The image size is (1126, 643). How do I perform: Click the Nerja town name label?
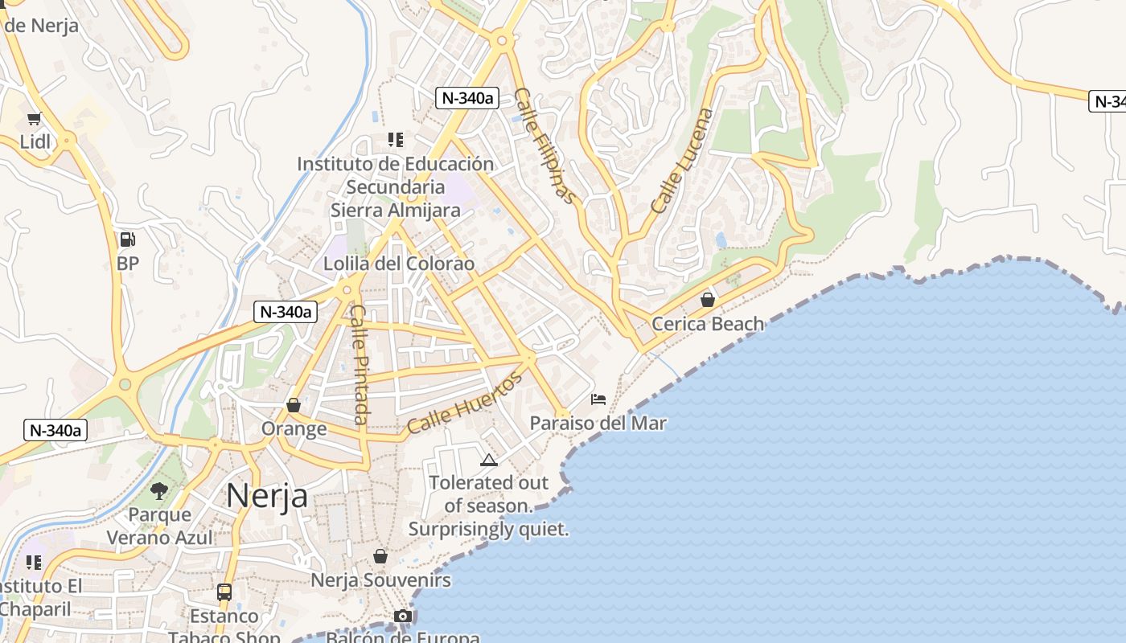266,495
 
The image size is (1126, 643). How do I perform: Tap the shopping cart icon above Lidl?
34,119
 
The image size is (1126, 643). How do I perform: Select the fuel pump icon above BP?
127,239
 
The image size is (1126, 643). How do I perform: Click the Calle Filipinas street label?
545,145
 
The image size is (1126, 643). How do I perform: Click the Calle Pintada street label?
360,364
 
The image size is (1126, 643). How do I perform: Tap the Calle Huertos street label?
464,403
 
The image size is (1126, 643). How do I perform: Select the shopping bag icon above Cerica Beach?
707,300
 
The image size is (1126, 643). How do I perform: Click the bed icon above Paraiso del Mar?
598,399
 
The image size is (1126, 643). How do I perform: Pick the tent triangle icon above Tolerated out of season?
488,460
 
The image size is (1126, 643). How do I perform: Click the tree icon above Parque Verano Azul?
159,490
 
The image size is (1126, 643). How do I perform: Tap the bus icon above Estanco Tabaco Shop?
224,592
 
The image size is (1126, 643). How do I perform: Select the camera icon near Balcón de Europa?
403,616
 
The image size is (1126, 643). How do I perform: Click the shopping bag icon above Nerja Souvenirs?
380,556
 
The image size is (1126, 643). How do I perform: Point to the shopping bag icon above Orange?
294,405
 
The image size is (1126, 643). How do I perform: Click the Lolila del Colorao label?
399,264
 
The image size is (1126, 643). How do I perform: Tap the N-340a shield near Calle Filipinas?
466,98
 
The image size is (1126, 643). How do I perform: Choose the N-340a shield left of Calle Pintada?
285,312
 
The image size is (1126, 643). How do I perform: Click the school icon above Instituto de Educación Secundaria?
395,140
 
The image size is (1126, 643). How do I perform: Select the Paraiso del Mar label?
598,423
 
